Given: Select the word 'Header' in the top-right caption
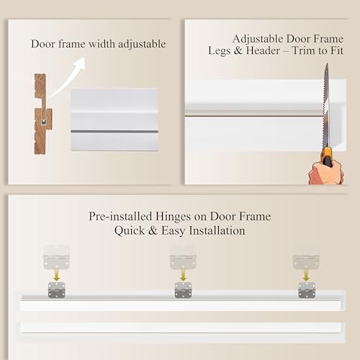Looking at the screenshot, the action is coord(263,50).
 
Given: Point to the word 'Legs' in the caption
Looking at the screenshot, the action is coord(219,51).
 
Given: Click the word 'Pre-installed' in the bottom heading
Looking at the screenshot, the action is coord(120,217).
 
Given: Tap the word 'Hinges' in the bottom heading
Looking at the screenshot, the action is coord(173,217).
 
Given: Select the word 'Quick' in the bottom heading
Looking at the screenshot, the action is coord(130,230).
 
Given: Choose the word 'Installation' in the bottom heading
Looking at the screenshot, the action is coord(217,230).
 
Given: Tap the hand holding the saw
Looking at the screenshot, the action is coord(326,172).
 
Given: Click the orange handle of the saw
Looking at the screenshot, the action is coord(327,157).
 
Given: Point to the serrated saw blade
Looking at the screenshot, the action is coord(326,106).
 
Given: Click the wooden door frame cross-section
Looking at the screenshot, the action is coord(42,114).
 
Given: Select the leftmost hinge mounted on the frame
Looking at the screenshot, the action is coord(57,290).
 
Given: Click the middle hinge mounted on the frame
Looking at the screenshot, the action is coord(183,290).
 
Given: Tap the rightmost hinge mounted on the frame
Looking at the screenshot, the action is coord(307,290).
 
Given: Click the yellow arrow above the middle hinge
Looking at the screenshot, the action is coord(183,275).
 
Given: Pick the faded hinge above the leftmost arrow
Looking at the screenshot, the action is coord(56,257).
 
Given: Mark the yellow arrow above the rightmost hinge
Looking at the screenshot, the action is coord(306,275).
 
